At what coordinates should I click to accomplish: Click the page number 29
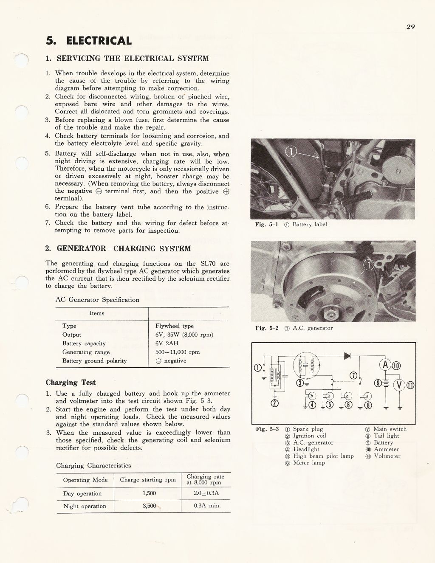pyautogui.click(x=410, y=27)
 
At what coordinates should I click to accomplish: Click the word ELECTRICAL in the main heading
pyautogui.click(x=99, y=41)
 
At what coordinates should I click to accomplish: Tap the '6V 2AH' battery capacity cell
pyautogui.click(x=167, y=343)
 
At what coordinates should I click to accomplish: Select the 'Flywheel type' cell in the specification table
pyautogui.click(x=175, y=326)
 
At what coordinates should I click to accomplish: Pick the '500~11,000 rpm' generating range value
pyautogui.click(x=177, y=352)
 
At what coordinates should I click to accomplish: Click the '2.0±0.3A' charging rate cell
pyautogui.click(x=206, y=493)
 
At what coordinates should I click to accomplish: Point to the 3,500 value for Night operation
pyautogui.click(x=150, y=506)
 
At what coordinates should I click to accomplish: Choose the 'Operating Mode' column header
pyautogui.click(x=85, y=480)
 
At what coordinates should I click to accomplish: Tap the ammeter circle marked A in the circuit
pyautogui.click(x=385, y=365)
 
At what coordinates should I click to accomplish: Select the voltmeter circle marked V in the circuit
pyautogui.click(x=400, y=385)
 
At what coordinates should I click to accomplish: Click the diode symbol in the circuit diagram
pyautogui.click(x=347, y=355)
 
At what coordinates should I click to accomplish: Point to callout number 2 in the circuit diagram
pyautogui.click(x=274, y=403)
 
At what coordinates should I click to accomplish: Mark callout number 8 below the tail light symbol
pyautogui.click(x=368, y=405)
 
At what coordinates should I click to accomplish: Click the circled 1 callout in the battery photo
pyautogui.click(x=291, y=152)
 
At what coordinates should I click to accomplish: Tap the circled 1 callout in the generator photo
pyautogui.click(x=369, y=265)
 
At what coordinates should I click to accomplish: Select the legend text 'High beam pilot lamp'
pyautogui.click(x=323, y=456)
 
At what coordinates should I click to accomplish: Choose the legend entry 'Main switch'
pyautogui.click(x=390, y=429)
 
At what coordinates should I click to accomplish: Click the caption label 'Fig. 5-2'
pyautogui.click(x=267, y=328)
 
